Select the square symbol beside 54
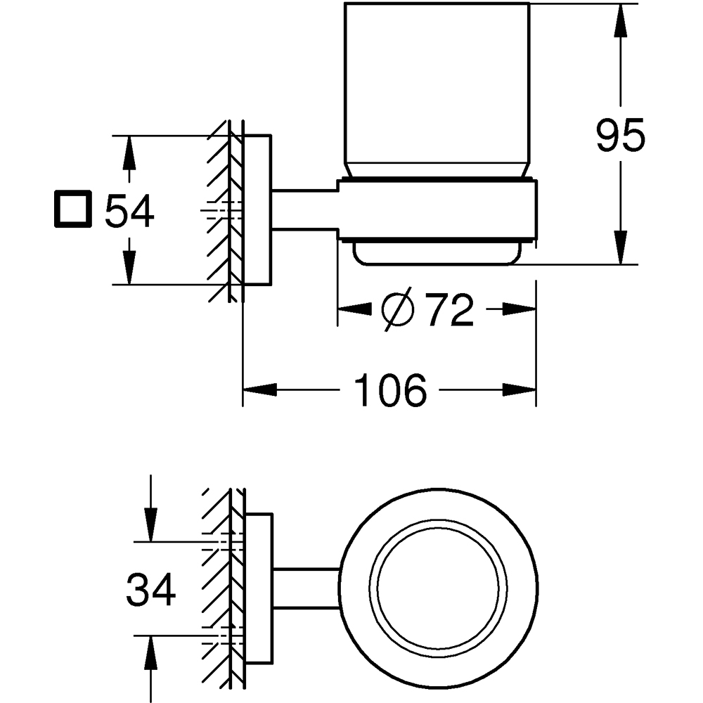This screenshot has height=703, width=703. (x=72, y=209)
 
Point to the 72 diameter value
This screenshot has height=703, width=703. (x=450, y=310)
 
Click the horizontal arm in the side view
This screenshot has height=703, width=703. (x=304, y=209)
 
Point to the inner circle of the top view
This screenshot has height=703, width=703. (x=441, y=588)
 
